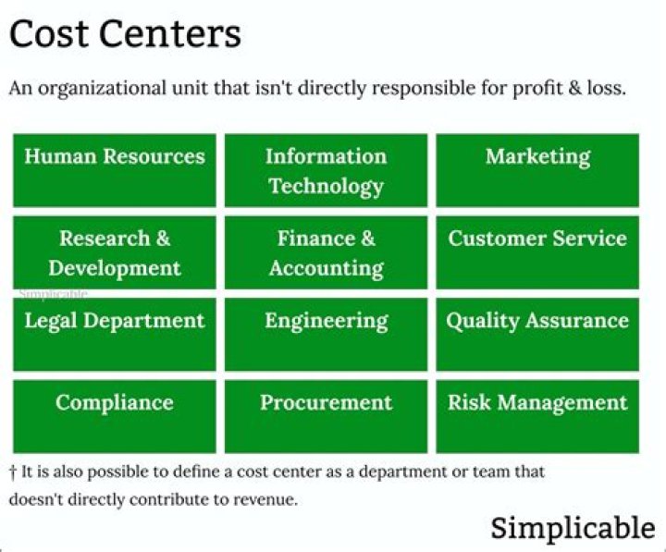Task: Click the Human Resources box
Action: (114, 170)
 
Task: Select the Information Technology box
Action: (326, 170)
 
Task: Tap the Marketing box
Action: (537, 170)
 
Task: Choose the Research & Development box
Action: (114, 252)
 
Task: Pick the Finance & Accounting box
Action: (326, 252)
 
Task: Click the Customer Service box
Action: (537, 252)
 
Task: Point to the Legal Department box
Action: (114, 334)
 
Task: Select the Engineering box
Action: (326, 334)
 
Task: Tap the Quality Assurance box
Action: (537, 334)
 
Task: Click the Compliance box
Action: (114, 416)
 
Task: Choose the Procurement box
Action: (326, 416)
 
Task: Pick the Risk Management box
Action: (537, 416)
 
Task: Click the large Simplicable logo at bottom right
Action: (573, 528)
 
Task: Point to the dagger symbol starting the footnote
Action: (13, 472)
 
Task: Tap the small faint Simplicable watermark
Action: (54, 294)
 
